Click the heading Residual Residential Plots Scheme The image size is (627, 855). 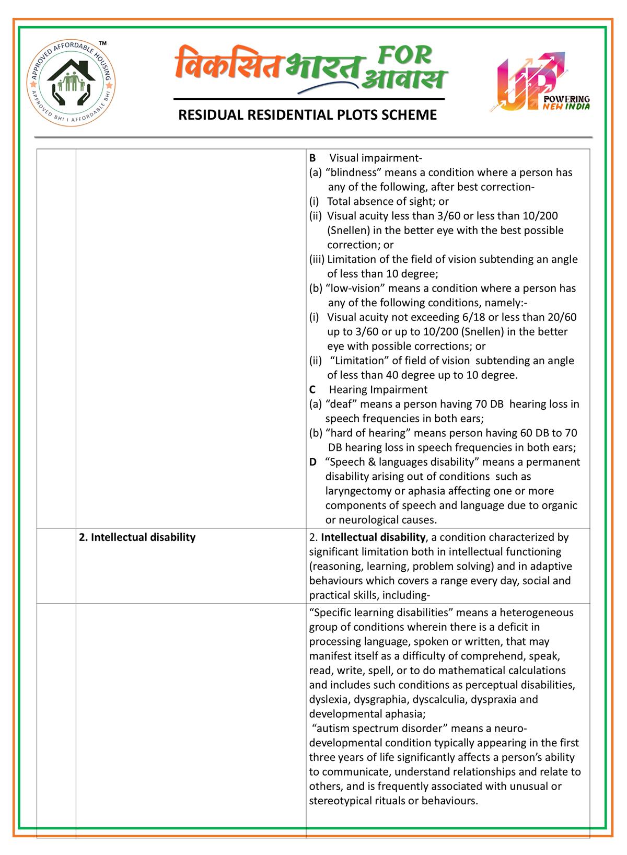click(x=307, y=115)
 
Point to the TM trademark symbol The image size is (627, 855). click(x=103, y=42)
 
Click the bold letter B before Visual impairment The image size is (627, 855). click(x=312, y=158)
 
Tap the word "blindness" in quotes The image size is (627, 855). click(x=350, y=172)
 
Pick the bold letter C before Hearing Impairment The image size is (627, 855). click(x=312, y=389)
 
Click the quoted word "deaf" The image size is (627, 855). click(x=341, y=404)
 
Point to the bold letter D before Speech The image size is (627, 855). click(x=312, y=462)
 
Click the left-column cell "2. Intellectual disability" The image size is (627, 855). click(x=137, y=537)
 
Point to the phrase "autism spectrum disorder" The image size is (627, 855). click(x=380, y=729)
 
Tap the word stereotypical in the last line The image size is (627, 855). click(x=341, y=801)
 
